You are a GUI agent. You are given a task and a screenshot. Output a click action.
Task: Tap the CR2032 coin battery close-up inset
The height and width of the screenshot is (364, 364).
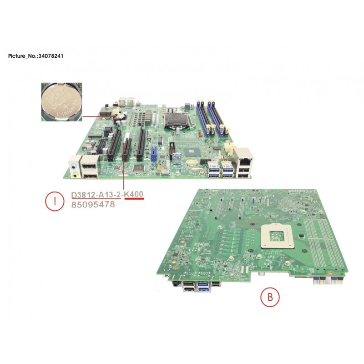pyautogui.click(x=61, y=101)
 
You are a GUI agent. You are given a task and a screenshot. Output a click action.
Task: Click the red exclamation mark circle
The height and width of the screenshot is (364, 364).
pyautogui.click(x=55, y=201)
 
